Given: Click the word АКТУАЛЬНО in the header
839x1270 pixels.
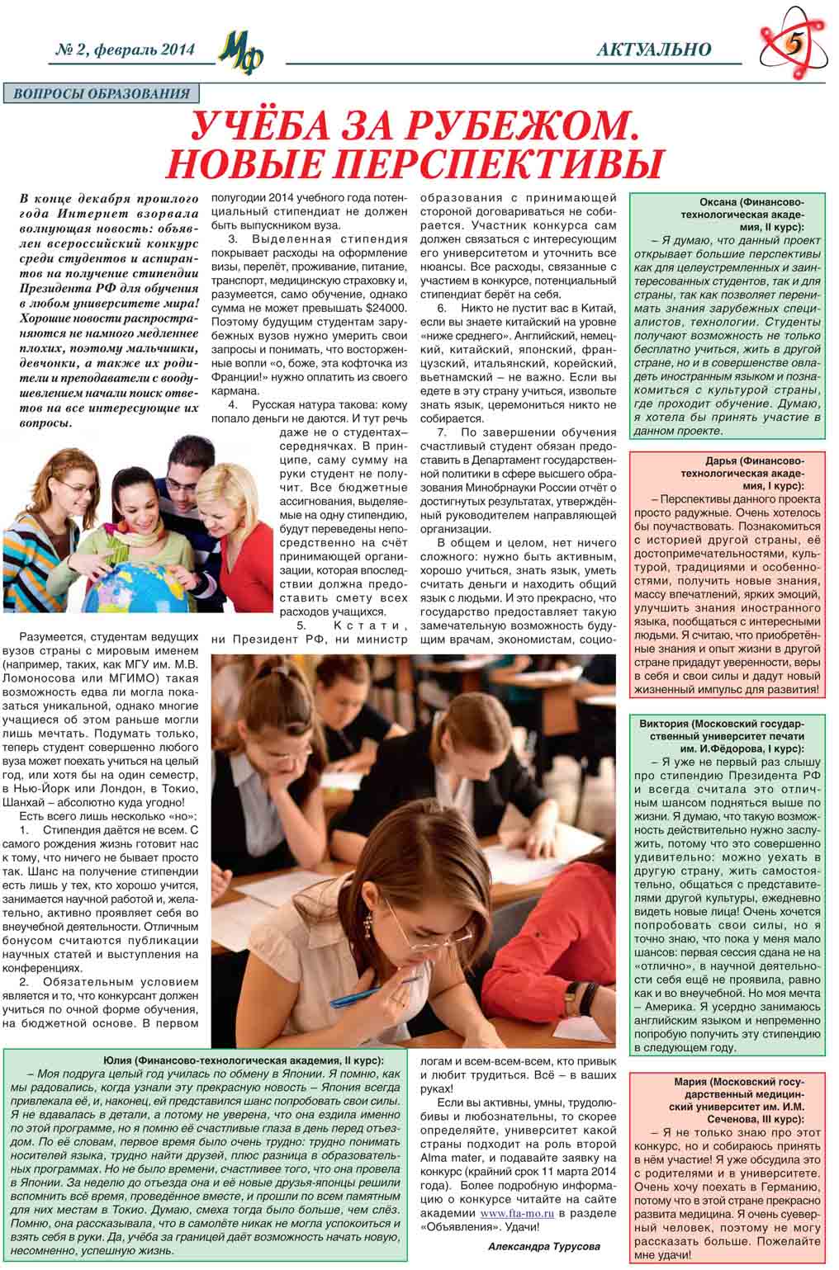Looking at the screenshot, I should click(x=653, y=50).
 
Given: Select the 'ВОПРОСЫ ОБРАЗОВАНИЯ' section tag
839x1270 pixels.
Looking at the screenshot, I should click(x=102, y=94).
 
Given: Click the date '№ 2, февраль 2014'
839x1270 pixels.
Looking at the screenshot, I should click(x=123, y=50).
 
